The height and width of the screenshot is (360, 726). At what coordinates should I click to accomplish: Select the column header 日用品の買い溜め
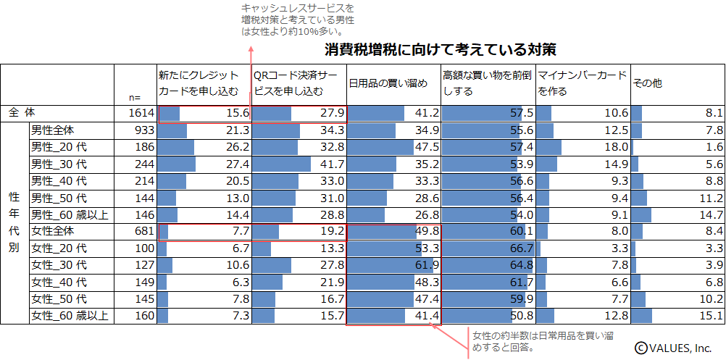(x=388, y=84)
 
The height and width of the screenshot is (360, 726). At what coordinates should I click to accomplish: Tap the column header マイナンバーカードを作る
(x=582, y=84)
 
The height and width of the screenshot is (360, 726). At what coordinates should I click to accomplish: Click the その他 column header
(x=647, y=84)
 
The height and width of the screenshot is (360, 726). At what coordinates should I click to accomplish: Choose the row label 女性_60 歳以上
(x=70, y=316)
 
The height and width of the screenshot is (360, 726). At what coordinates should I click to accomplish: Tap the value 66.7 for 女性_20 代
(x=522, y=248)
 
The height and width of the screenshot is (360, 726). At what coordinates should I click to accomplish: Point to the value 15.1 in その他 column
(x=710, y=316)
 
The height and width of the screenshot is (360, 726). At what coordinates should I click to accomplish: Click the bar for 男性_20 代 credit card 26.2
(x=176, y=148)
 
